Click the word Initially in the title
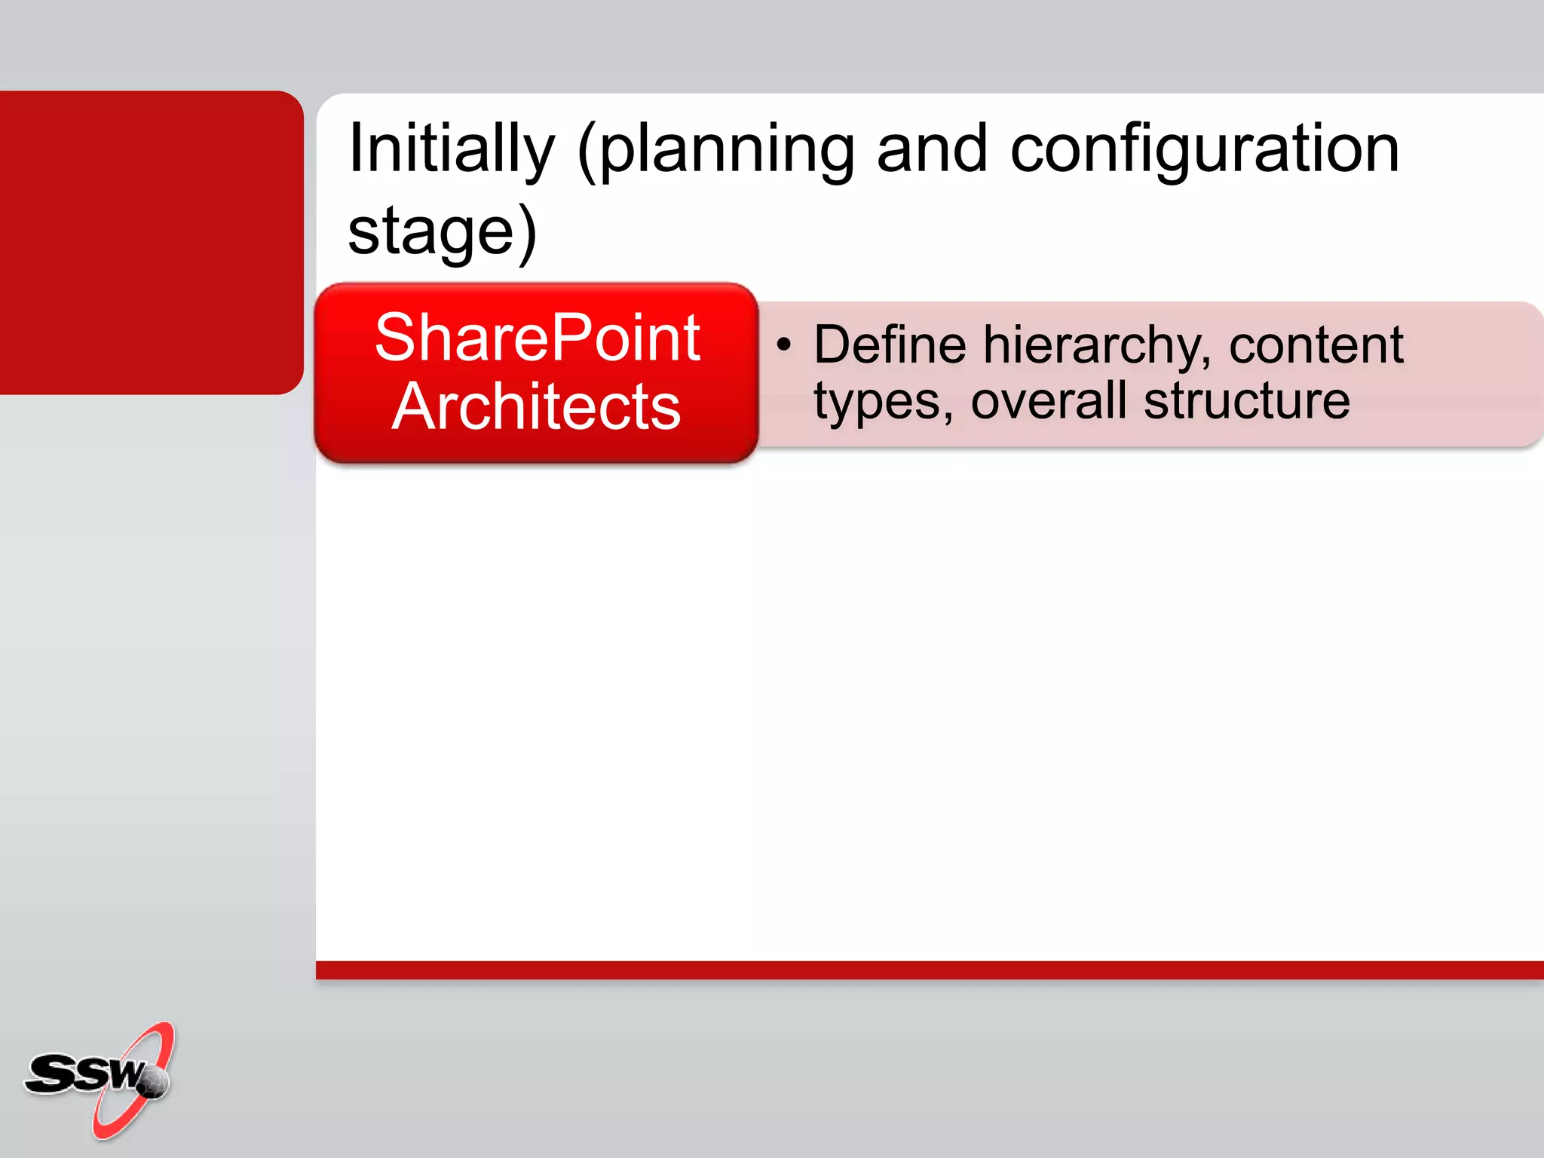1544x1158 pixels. click(451, 149)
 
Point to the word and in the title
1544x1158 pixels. click(932, 149)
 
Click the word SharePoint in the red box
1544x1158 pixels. click(538, 338)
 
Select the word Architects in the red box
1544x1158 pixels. click(536, 407)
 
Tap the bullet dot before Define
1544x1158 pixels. click(784, 345)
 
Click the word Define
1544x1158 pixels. click(890, 345)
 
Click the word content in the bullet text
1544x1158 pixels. click(1316, 345)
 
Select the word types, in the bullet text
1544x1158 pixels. click(883, 402)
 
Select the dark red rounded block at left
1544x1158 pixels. click(151, 242)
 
